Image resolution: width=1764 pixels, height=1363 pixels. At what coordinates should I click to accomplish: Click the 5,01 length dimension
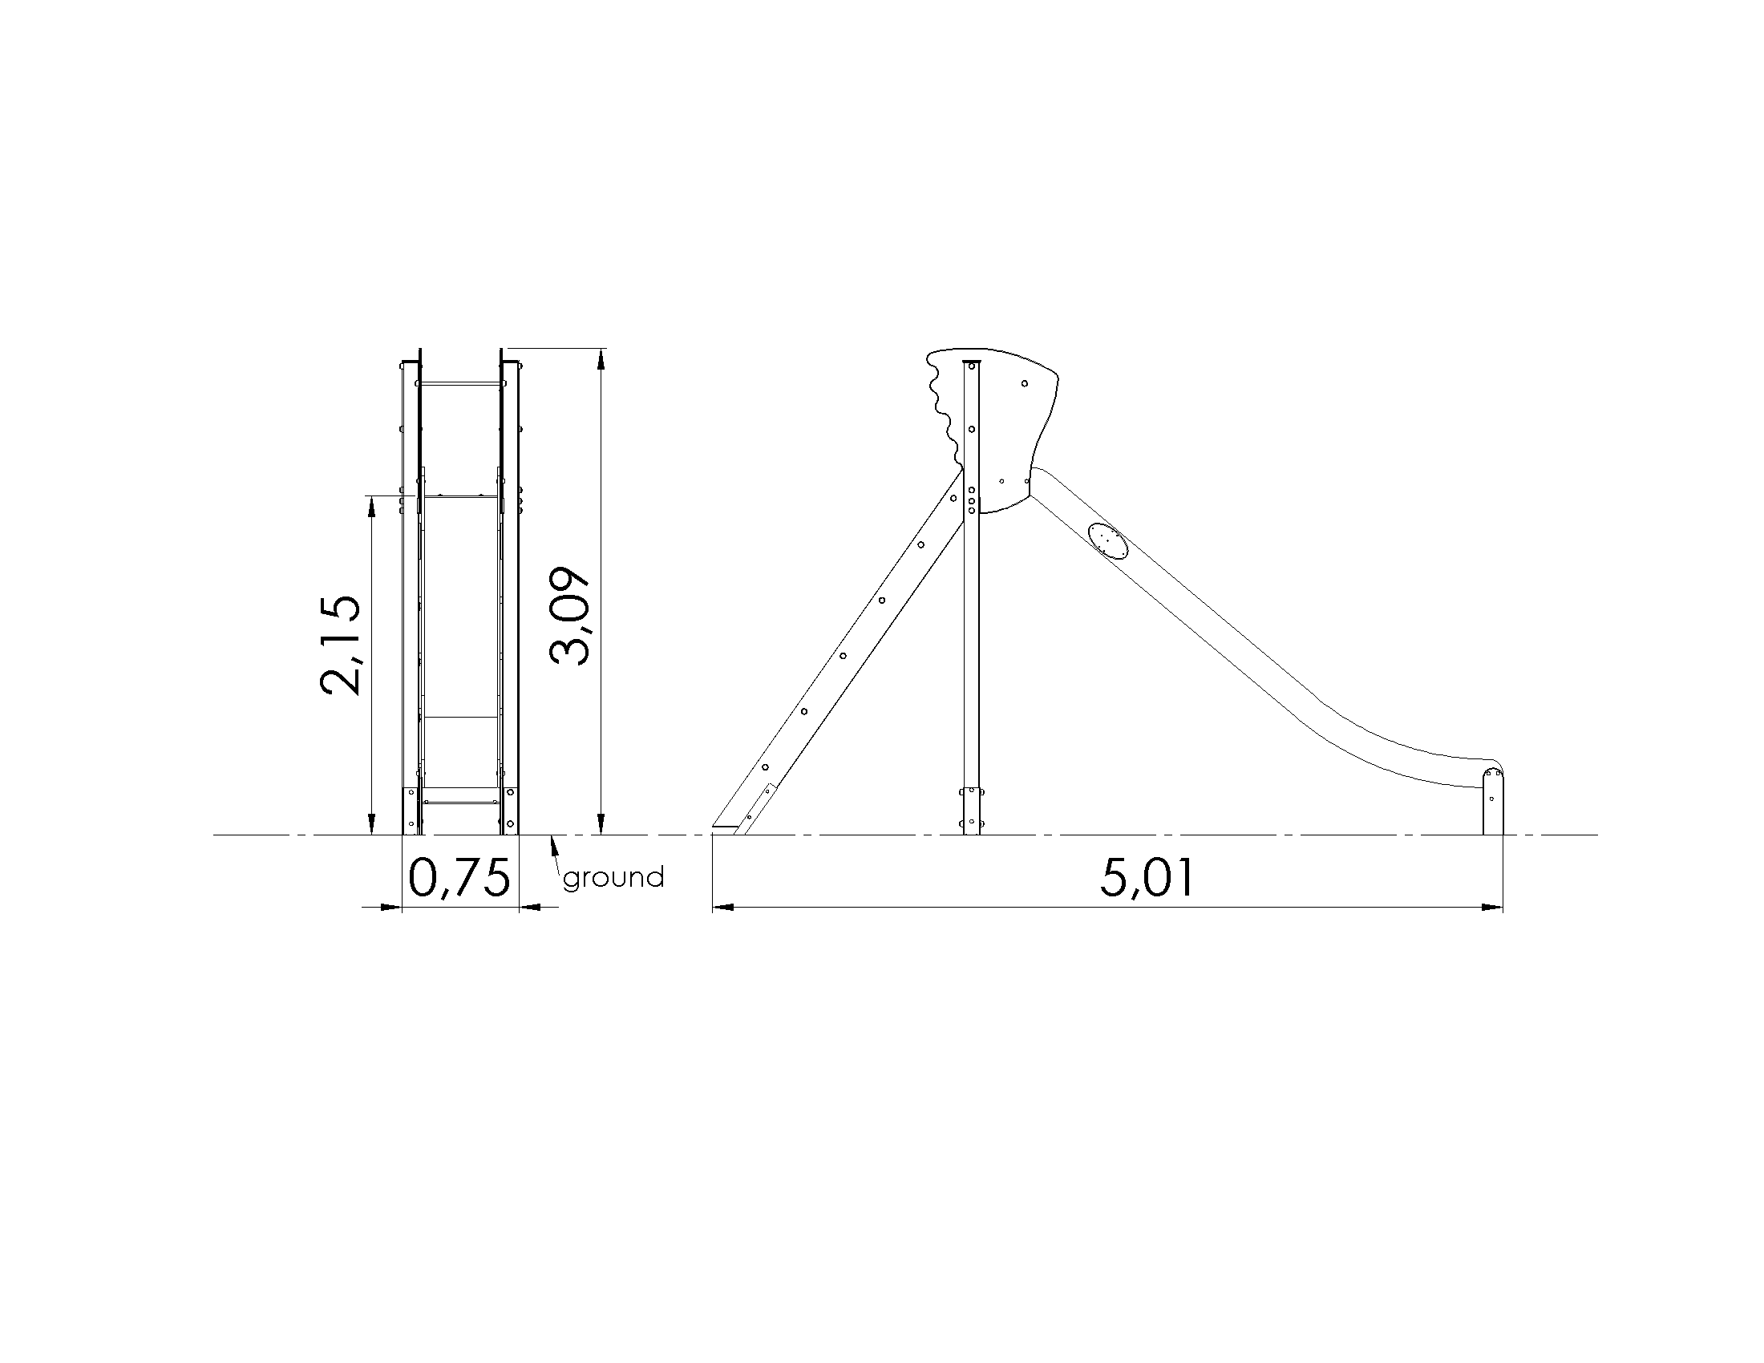pyautogui.click(x=1146, y=879)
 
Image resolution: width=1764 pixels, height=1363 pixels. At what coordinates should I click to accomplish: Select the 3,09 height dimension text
pyautogui.click(x=570, y=615)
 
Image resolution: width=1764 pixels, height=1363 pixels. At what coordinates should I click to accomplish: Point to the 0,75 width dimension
pyautogui.click(x=459, y=879)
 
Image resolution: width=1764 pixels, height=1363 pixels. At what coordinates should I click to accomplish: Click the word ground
pyautogui.click(x=614, y=878)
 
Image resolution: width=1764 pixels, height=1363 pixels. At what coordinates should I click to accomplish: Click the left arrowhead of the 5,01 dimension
pyautogui.click(x=724, y=908)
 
